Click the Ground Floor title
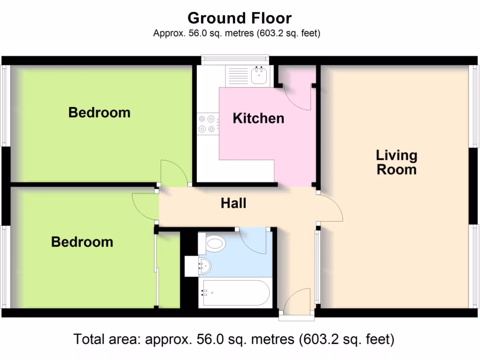tap(240, 18)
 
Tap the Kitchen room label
tap(258, 118)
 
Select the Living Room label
tap(397, 162)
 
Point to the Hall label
tap(233, 203)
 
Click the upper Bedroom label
tap(99, 112)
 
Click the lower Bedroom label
tap(82, 242)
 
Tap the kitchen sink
tap(259, 75)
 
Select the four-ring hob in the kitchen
tap(207, 124)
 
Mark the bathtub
tap(234, 293)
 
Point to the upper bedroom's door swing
tap(174, 173)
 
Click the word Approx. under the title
tap(166, 33)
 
